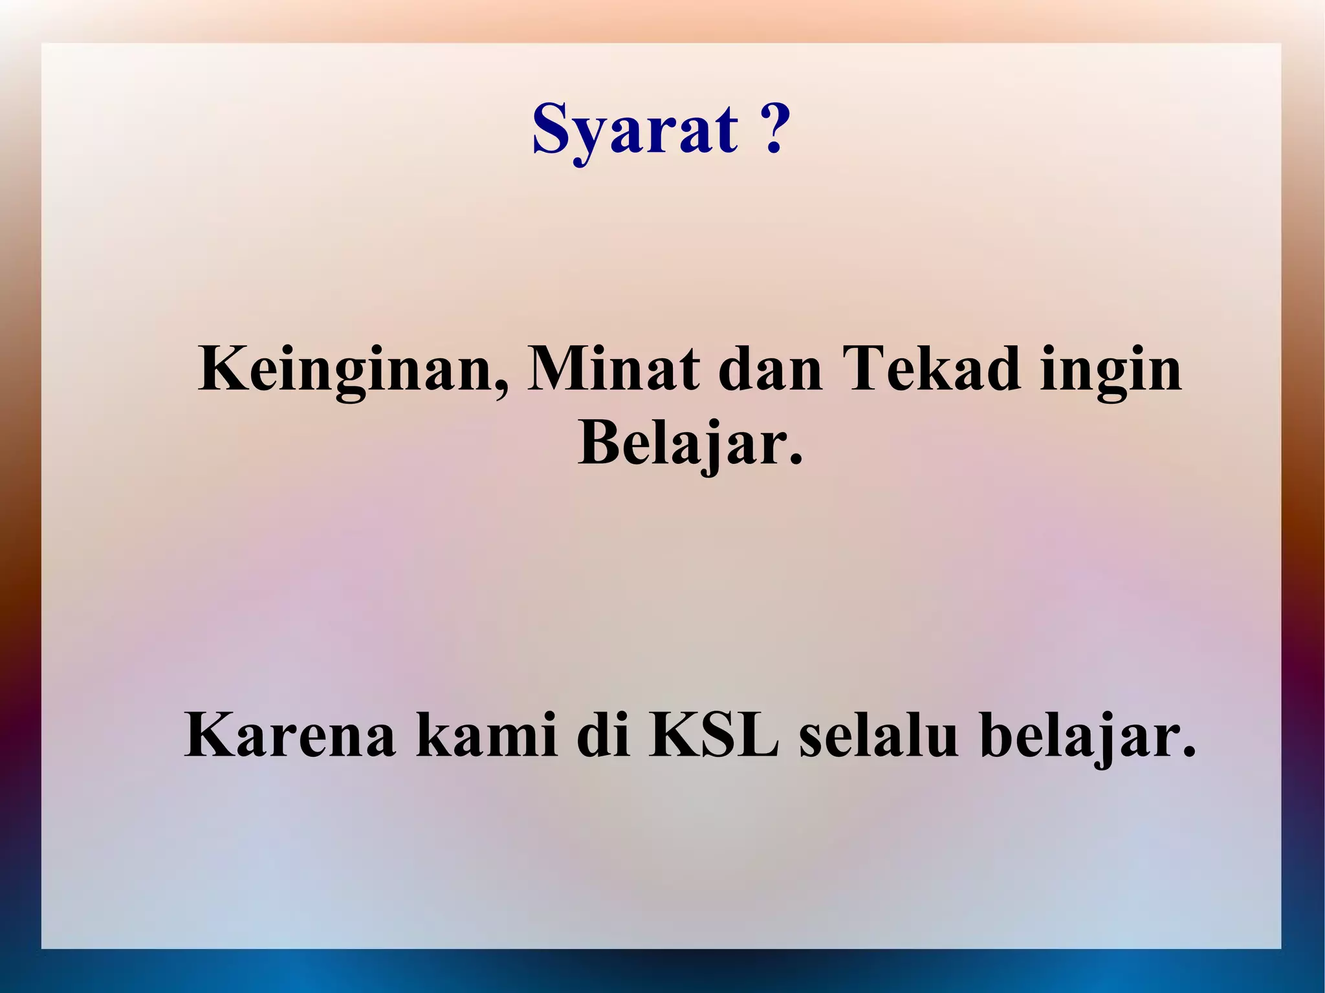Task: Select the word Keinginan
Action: point(346,371)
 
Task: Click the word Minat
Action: point(613,369)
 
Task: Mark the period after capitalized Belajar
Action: point(795,460)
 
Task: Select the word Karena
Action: point(289,737)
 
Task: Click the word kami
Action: point(486,737)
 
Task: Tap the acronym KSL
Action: point(714,737)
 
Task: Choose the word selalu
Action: point(879,737)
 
